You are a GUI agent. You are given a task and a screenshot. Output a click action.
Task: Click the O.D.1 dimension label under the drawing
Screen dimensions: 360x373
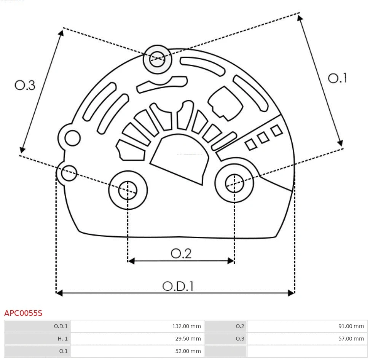178,286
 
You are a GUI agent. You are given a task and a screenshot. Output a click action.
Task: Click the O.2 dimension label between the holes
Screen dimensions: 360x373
181,253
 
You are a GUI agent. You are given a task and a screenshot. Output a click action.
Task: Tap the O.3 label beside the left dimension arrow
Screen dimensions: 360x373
25,85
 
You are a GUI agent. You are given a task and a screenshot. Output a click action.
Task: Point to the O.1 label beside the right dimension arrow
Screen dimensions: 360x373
337,78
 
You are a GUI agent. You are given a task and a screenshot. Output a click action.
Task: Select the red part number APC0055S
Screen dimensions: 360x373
23,313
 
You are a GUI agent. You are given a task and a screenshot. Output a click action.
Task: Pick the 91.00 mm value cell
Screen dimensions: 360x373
351,326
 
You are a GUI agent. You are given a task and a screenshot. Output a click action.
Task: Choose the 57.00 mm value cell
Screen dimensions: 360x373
351,338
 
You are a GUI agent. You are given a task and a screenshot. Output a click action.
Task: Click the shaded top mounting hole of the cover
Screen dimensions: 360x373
157,59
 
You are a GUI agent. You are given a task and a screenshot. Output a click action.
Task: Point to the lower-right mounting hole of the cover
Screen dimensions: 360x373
234,184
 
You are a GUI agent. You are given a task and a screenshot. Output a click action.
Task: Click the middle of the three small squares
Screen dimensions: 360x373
263,138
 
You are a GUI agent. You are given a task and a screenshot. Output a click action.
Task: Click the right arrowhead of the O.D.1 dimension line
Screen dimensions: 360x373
292,293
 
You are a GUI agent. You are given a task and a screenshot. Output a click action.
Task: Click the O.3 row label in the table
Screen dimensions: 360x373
240,338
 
